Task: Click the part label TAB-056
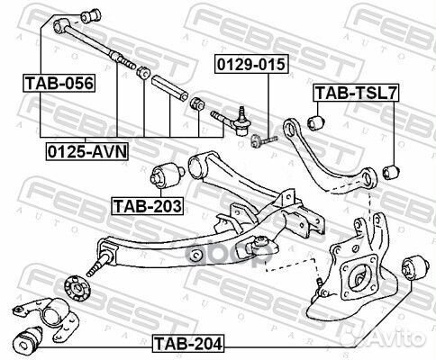pos(59,83)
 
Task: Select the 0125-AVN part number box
pos(87,151)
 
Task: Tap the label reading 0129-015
pos(251,64)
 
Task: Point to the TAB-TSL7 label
pos(356,93)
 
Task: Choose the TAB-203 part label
pos(147,206)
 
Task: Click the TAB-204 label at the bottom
pos(188,343)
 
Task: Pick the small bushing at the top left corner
pos(91,16)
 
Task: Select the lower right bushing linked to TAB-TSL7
pos(391,172)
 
